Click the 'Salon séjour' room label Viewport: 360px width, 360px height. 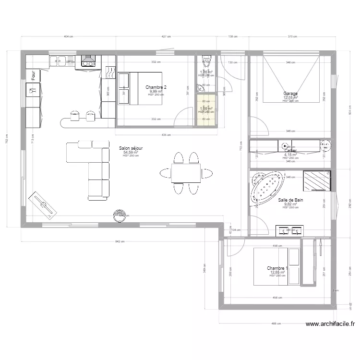[131, 148]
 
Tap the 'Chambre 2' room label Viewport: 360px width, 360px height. [156, 87]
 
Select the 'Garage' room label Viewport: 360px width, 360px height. [290, 94]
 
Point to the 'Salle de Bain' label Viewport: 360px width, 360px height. [290, 200]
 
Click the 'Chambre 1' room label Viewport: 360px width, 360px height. [277, 268]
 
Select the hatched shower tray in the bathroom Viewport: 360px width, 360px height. [316, 180]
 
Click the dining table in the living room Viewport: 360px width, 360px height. [186, 173]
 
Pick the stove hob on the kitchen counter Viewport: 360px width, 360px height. [88, 60]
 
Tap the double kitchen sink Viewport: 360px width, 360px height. [59, 60]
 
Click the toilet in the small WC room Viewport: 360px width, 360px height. [206, 60]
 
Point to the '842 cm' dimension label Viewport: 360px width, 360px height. [120, 242]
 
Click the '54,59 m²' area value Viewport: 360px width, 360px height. [131, 152]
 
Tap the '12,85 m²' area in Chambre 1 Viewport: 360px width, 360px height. [277, 272]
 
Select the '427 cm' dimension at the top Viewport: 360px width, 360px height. [166, 36]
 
